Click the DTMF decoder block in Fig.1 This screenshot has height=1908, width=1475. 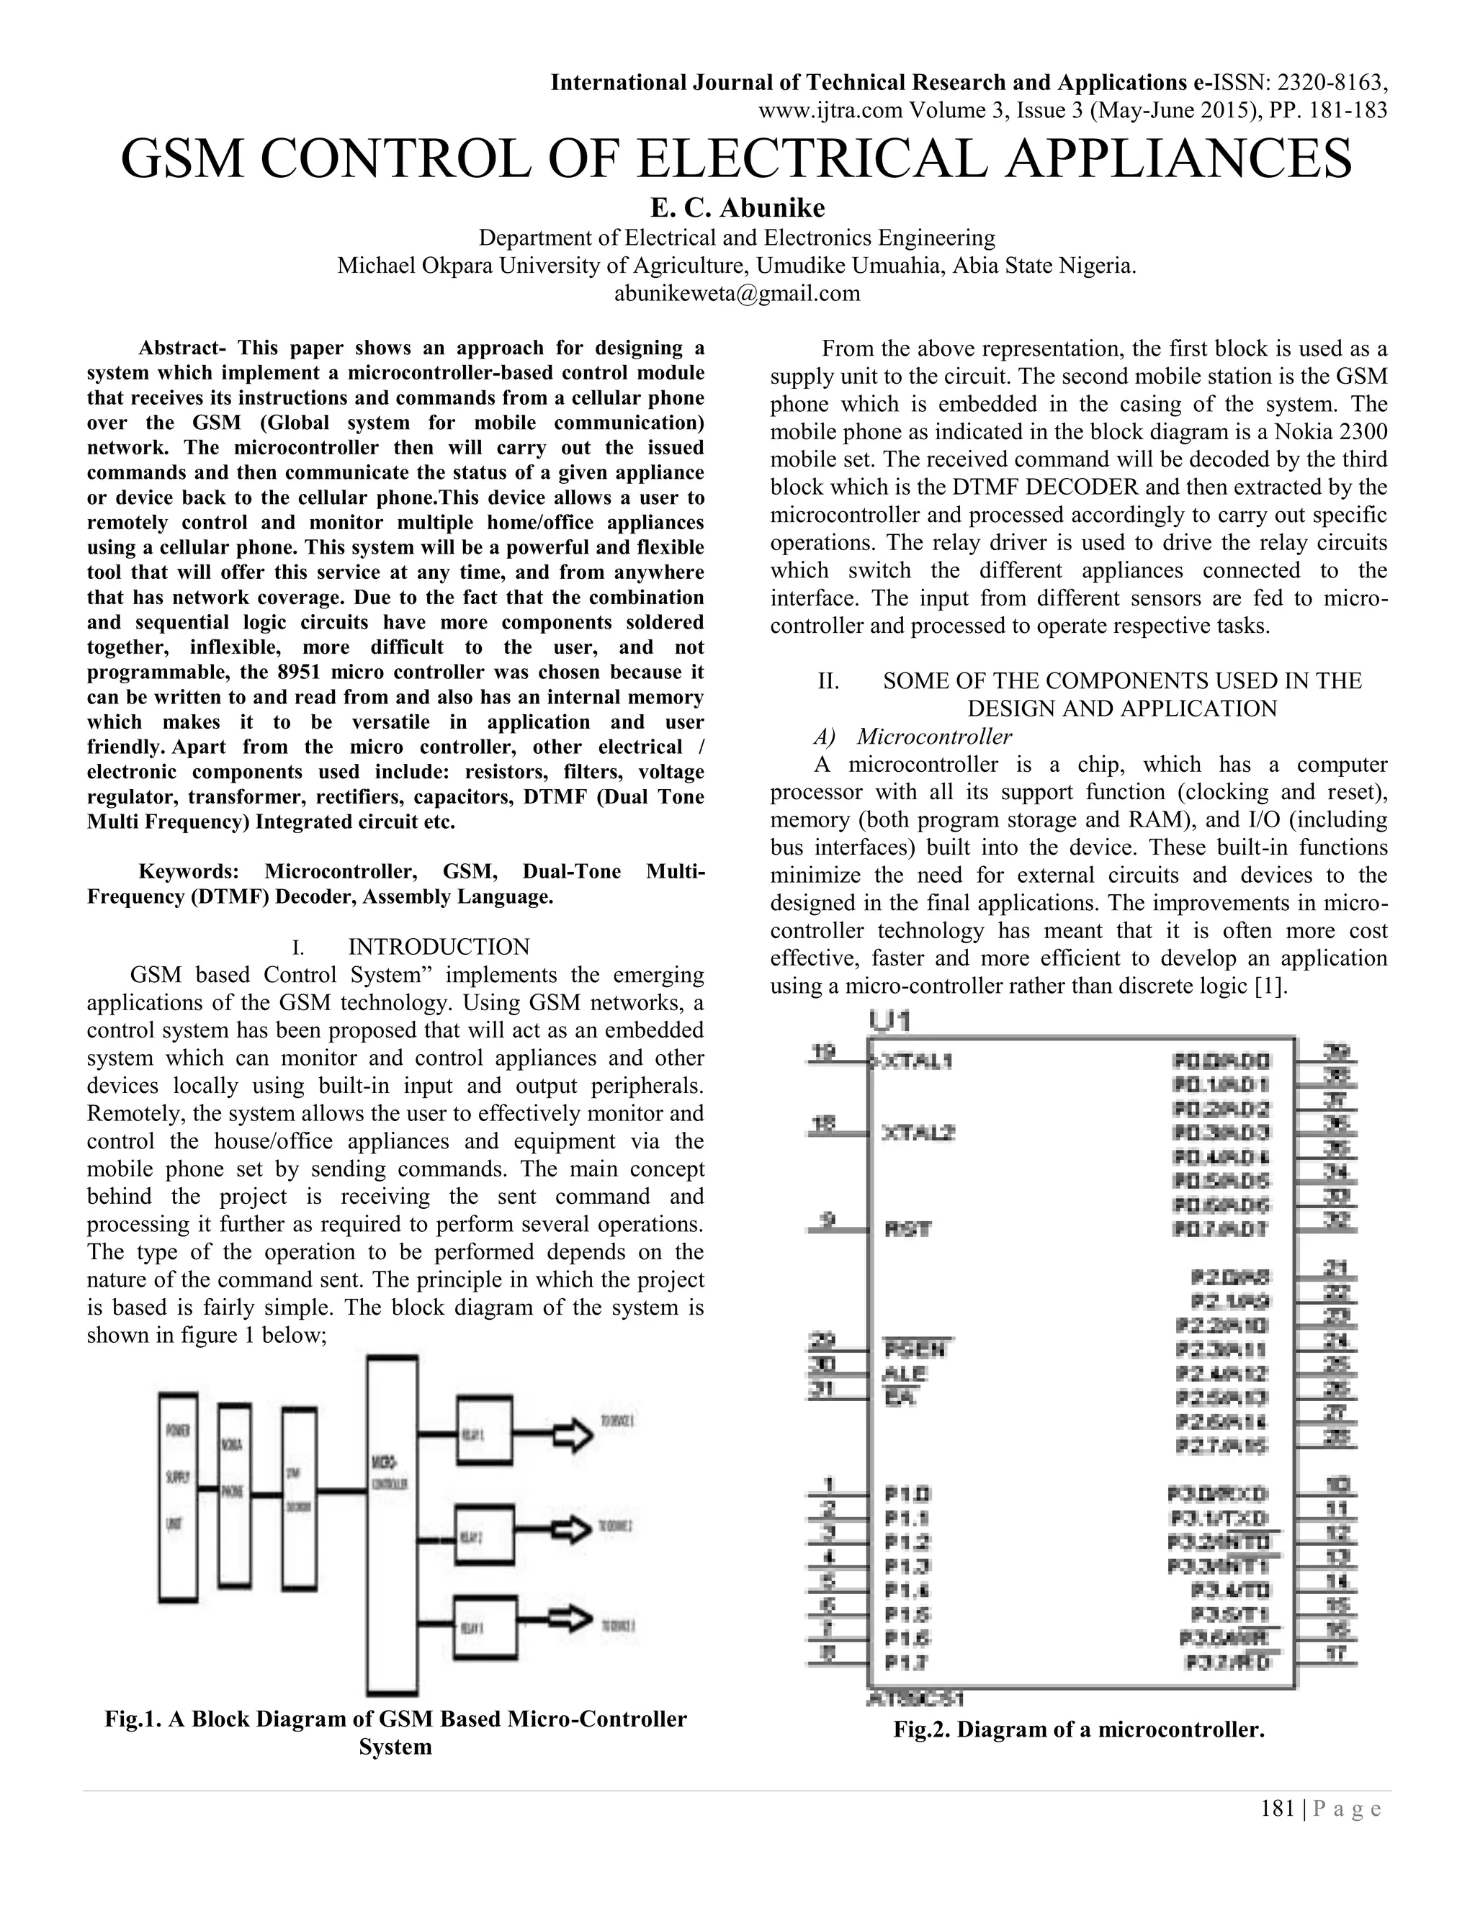click(x=299, y=1498)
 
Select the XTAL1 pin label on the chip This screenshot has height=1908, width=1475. click(x=918, y=1061)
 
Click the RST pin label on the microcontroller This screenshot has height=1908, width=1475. click(x=908, y=1228)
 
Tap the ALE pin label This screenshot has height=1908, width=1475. click(x=905, y=1373)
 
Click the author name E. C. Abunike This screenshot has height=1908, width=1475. click(x=737, y=208)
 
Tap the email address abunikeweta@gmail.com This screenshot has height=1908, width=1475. click(x=737, y=294)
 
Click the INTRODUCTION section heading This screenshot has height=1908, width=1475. click(x=439, y=947)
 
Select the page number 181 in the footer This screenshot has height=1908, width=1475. click(x=1277, y=1809)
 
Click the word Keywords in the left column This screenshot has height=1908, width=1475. click(x=189, y=872)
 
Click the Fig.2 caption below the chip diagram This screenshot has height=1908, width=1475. click(x=1078, y=1729)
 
